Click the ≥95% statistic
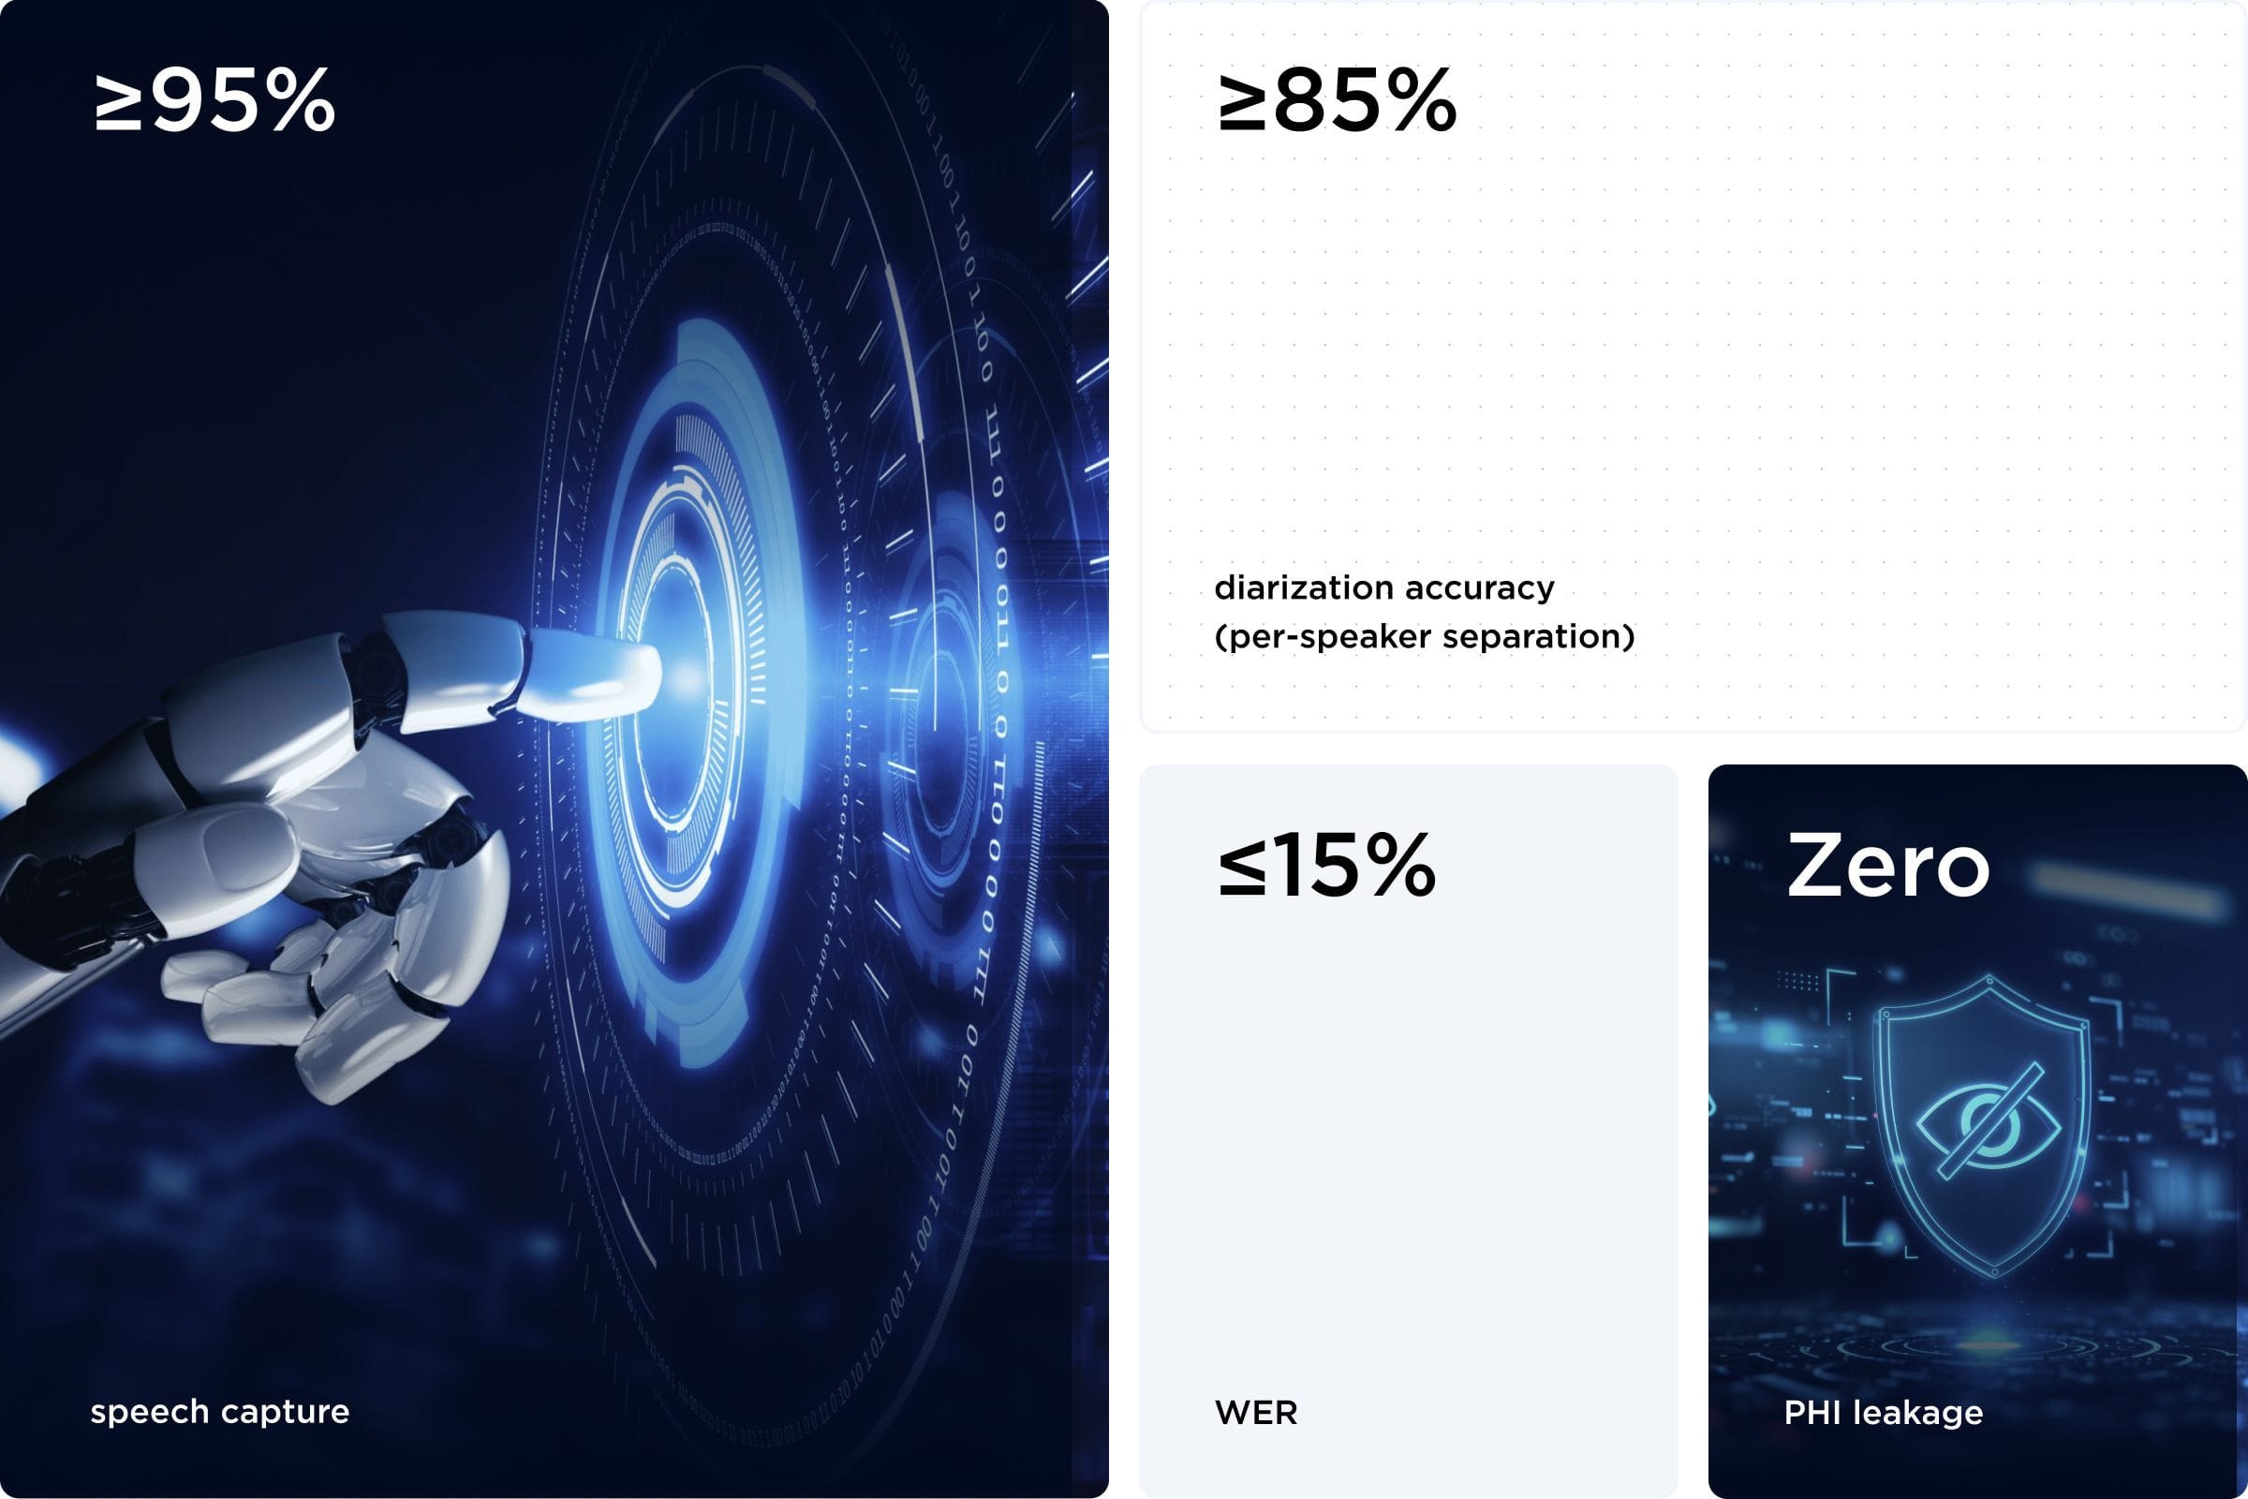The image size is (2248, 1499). click(215, 100)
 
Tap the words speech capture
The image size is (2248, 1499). click(220, 1412)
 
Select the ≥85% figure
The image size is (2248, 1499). click(1338, 100)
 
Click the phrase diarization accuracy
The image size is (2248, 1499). click(1384, 587)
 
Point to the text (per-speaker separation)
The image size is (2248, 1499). click(1424, 636)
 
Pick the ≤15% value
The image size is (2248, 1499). click(1326, 865)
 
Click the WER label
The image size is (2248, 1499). click(1256, 1412)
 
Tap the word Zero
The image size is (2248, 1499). click(1887, 865)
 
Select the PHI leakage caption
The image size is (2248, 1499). click(1883, 1412)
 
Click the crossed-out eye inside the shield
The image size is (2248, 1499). click(1988, 1120)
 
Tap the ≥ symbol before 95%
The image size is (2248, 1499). click(119, 102)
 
